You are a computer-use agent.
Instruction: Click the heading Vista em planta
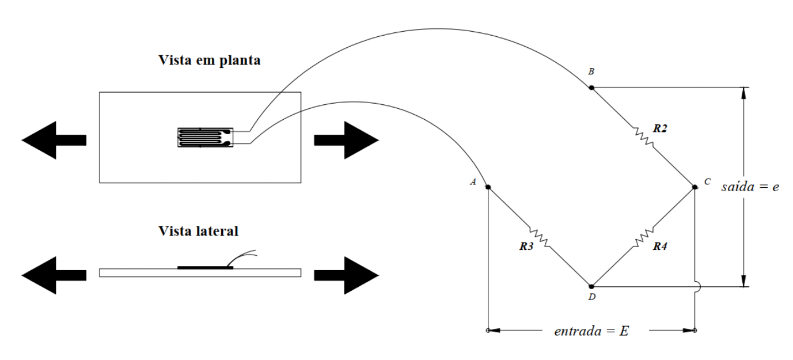[209, 60]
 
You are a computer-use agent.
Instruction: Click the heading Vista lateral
[198, 231]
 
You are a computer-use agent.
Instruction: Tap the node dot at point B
[591, 88]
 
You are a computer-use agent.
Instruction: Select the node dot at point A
[488, 187]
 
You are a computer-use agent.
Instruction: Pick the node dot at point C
[695, 187]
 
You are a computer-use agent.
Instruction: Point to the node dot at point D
[591, 286]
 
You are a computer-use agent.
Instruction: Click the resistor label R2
[660, 128]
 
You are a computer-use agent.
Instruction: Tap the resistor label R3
[526, 247]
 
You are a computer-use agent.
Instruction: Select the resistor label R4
[660, 247]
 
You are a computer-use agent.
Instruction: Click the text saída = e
[750, 187]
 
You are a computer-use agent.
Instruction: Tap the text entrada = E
[591, 331]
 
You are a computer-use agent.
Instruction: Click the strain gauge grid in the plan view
[206, 137]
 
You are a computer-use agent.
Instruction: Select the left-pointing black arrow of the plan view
[54, 140]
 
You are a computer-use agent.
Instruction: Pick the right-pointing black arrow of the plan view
[347, 140]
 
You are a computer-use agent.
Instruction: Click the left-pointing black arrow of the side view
[54, 275]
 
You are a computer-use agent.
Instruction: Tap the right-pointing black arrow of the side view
[347, 275]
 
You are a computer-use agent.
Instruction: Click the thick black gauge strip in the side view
[206, 268]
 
